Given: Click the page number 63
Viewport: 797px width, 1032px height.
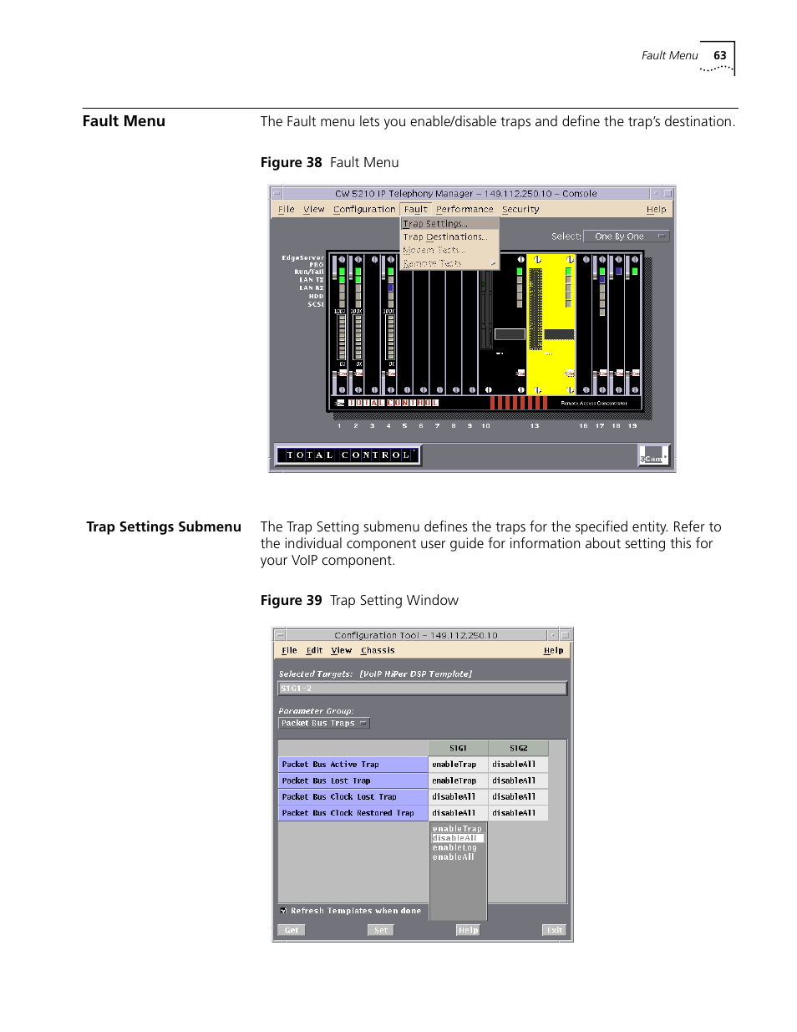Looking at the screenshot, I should (x=719, y=56).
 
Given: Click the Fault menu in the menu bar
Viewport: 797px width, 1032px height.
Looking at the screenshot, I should (x=415, y=210).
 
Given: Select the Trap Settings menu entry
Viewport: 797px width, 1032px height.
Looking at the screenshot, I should (x=435, y=224).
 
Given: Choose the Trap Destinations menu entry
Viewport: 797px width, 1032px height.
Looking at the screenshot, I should (x=444, y=237).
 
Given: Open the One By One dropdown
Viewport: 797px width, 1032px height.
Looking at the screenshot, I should (x=626, y=236).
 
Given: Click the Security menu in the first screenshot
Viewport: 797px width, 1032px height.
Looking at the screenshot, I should (x=520, y=210).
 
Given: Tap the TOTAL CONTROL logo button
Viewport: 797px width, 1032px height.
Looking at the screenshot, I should (x=348, y=455).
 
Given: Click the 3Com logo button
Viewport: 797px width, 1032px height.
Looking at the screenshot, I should (x=653, y=455).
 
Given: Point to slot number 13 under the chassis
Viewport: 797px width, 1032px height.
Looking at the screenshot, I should (x=534, y=426).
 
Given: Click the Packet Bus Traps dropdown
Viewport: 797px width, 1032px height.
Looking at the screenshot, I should (x=323, y=724).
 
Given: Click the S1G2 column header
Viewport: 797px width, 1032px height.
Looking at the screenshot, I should (x=518, y=749).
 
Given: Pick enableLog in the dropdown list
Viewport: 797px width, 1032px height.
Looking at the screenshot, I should (x=454, y=848).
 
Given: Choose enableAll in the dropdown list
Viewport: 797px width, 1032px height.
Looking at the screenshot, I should (x=453, y=857).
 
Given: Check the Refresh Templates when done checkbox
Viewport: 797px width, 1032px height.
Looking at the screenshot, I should (x=284, y=911).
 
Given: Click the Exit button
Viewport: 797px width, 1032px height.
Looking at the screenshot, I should (x=554, y=930).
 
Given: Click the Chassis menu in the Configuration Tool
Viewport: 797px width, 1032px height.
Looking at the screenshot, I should (x=378, y=650).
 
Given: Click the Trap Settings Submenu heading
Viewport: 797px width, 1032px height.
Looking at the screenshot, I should (x=164, y=527).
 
